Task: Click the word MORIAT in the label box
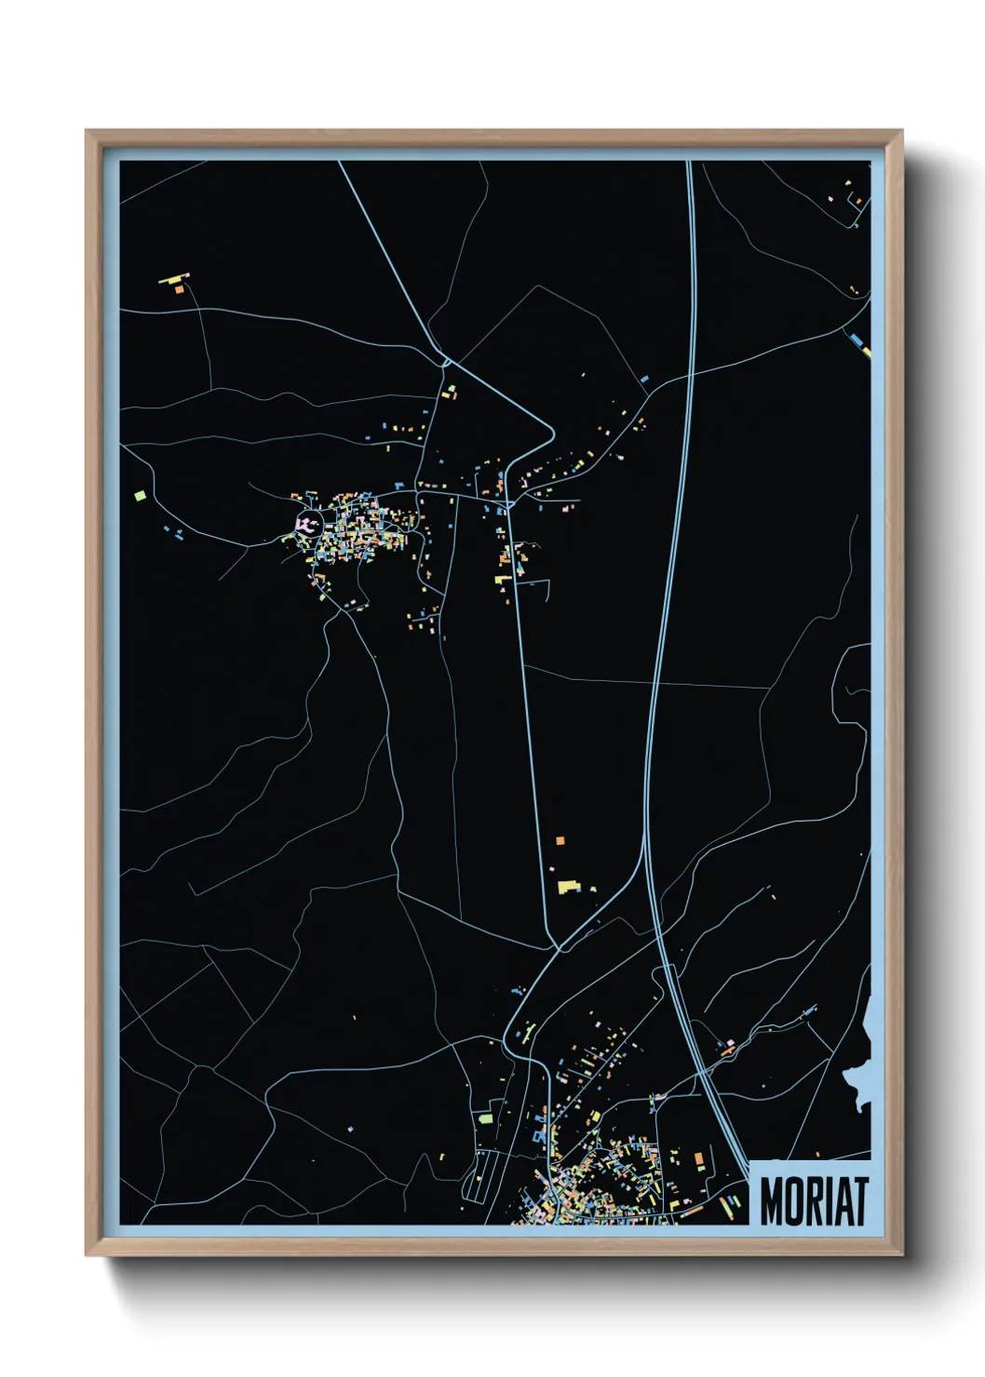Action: [814, 1201]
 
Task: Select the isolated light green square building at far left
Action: [141, 495]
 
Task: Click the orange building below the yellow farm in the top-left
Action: [179, 289]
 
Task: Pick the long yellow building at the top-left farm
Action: [171, 277]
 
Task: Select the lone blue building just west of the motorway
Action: [644, 379]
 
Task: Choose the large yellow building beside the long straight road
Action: [567, 886]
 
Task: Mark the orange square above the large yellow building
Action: [560, 841]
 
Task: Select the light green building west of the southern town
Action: [484, 1117]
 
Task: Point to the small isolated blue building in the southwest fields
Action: [350, 1129]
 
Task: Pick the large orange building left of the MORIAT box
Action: [698, 1157]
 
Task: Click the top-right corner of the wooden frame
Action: [901, 131]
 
